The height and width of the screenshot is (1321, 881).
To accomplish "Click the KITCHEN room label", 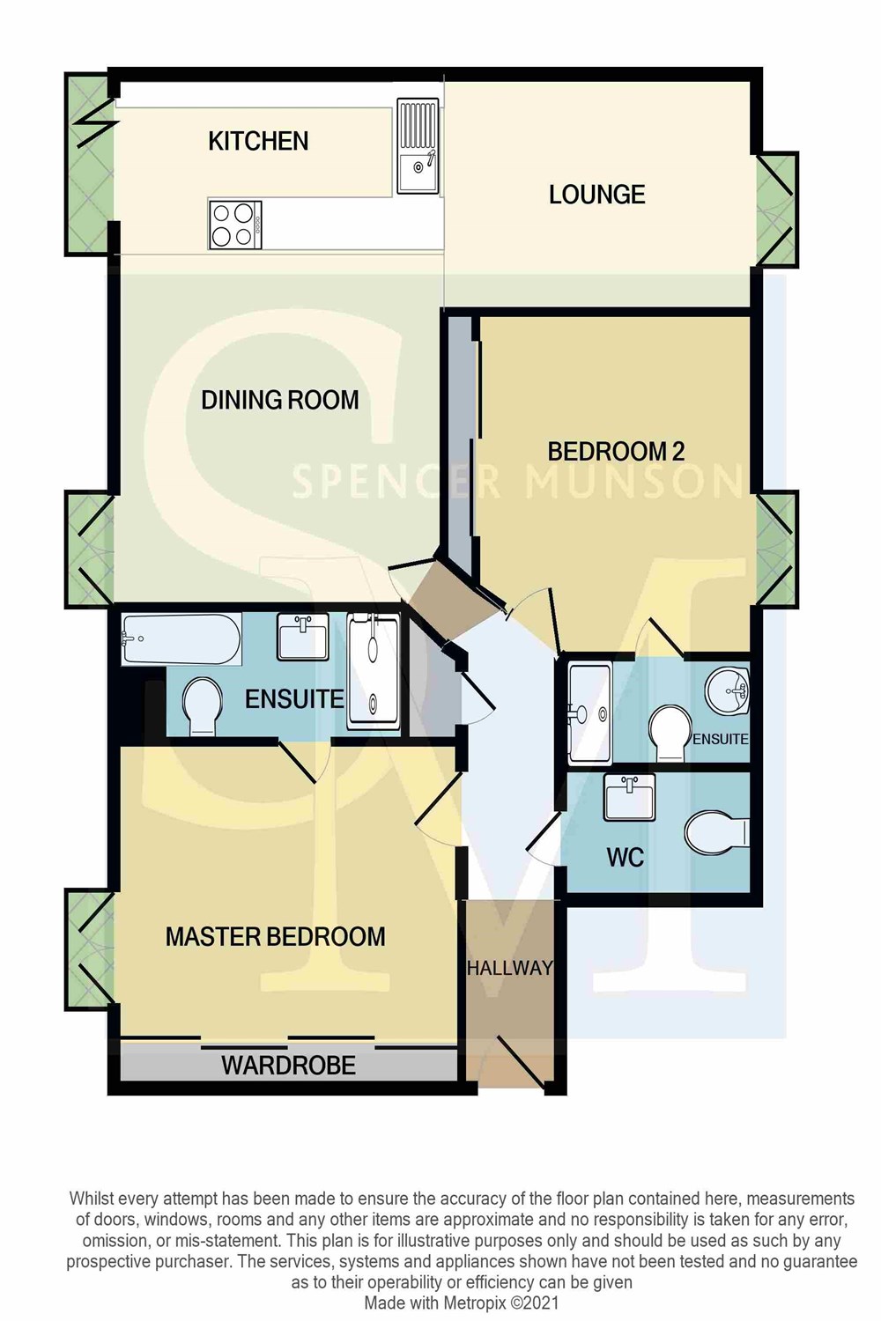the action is [x=258, y=142].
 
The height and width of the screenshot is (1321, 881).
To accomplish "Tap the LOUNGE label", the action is [x=596, y=195].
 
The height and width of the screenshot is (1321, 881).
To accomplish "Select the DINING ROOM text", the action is [x=279, y=400].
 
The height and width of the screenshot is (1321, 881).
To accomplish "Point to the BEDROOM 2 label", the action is [x=616, y=451].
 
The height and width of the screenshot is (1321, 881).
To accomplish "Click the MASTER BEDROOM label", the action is [x=275, y=936].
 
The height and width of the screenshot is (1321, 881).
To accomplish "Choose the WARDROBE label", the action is [x=289, y=1065].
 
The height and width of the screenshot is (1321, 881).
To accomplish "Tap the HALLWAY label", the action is [x=510, y=968].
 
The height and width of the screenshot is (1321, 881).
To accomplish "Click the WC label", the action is [x=625, y=858].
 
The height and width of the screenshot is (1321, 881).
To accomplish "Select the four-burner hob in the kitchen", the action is [x=235, y=225].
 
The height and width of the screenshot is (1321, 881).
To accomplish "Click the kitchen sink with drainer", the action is [x=418, y=145].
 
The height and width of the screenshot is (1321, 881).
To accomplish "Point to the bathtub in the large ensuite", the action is [x=181, y=639].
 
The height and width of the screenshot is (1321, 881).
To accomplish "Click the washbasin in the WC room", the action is [x=630, y=797].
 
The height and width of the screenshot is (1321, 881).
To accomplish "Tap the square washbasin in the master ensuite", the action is [x=302, y=636].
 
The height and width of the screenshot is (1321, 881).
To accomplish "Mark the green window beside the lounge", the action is [x=775, y=210].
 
